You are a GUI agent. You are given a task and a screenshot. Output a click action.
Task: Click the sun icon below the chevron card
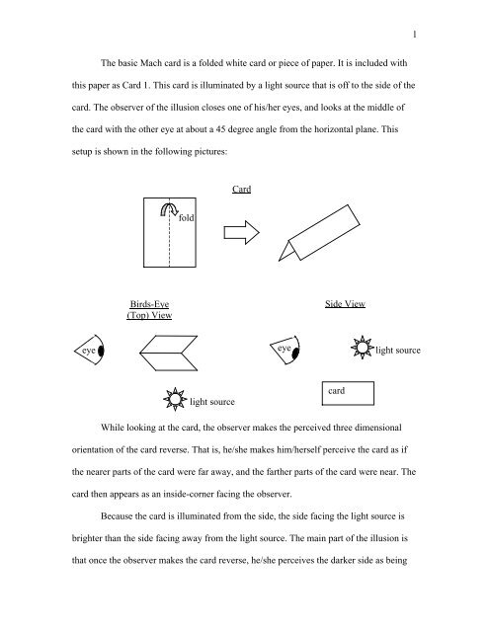(x=174, y=401)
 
